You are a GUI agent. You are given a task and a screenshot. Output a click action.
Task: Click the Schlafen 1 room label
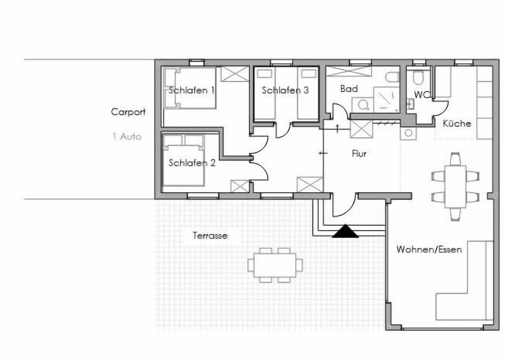[191, 90]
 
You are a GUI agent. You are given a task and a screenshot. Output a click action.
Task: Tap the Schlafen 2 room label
[192, 163]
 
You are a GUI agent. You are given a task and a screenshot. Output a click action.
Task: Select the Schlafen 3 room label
[285, 90]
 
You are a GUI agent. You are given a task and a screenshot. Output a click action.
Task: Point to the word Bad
[349, 89]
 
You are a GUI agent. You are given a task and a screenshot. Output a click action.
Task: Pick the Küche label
[457, 124]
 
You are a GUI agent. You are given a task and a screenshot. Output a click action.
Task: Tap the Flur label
[359, 154]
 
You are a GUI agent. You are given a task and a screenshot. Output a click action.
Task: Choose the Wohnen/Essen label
[429, 249]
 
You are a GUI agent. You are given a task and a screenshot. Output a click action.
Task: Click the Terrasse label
[210, 235]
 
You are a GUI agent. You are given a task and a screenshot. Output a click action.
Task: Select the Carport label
[128, 112]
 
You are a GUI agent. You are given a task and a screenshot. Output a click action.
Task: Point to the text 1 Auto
[127, 137]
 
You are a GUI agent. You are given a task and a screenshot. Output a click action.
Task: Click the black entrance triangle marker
[346, 231]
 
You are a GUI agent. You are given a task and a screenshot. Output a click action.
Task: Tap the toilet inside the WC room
[419, 78]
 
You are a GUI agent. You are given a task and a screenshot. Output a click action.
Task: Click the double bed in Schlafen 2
[183, 160]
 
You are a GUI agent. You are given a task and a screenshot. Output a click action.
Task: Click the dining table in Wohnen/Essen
[455, 187]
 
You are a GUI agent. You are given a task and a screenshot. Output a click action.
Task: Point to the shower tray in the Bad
[387, 99]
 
